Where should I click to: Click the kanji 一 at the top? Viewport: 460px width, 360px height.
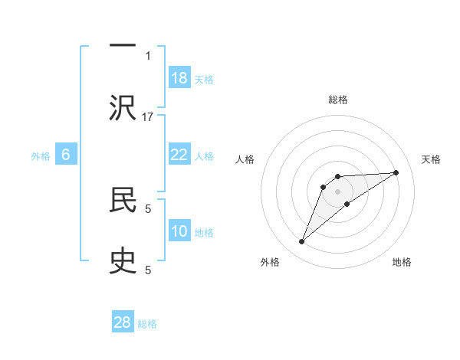pos(123,45)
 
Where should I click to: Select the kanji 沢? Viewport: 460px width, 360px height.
pos(123,107)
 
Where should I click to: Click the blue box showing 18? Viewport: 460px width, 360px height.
pos(179,78)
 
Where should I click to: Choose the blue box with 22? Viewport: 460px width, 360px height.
pos(179,155)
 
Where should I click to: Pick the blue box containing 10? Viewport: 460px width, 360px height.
pos(179,231)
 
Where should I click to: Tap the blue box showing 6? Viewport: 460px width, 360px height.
pos(66,155)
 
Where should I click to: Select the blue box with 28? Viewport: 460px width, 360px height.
pos(123,322)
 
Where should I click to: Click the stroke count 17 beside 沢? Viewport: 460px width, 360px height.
pos(148,116)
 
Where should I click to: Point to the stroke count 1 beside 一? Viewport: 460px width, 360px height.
pos(148,55)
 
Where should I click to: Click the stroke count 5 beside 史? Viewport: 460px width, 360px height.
pos(148,270)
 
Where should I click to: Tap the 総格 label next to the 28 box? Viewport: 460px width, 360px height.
pos(147,324)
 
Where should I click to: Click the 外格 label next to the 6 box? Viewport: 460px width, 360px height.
pos(41,156)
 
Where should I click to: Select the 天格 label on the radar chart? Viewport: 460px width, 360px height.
pos(431,159)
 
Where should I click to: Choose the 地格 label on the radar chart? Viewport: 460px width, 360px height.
pos(402,262)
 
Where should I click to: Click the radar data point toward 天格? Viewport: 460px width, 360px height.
pos(396,172)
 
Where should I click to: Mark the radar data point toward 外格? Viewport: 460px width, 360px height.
pos(302,242)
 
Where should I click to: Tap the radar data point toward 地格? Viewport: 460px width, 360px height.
pos(347,203)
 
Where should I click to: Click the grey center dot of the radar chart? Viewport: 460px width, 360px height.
pos(337,191)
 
